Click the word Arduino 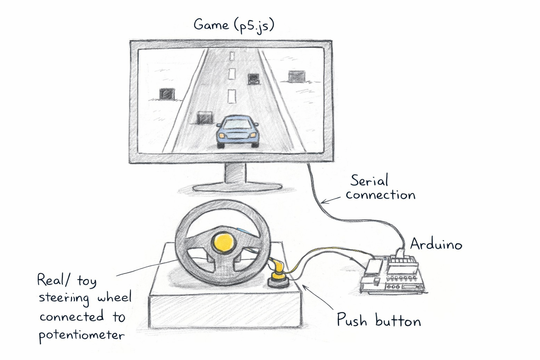point(436,244)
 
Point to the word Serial point(369,181)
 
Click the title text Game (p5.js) point(234,25)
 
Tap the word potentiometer point(82,335)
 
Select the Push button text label point(379,320)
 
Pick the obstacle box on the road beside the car point(205,118)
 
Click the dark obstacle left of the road point(167,94)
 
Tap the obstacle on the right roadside point(296,76)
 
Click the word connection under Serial point(380,195)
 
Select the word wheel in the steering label point(114,298)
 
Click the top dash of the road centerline point(231,56)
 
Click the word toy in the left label point(86,281)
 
